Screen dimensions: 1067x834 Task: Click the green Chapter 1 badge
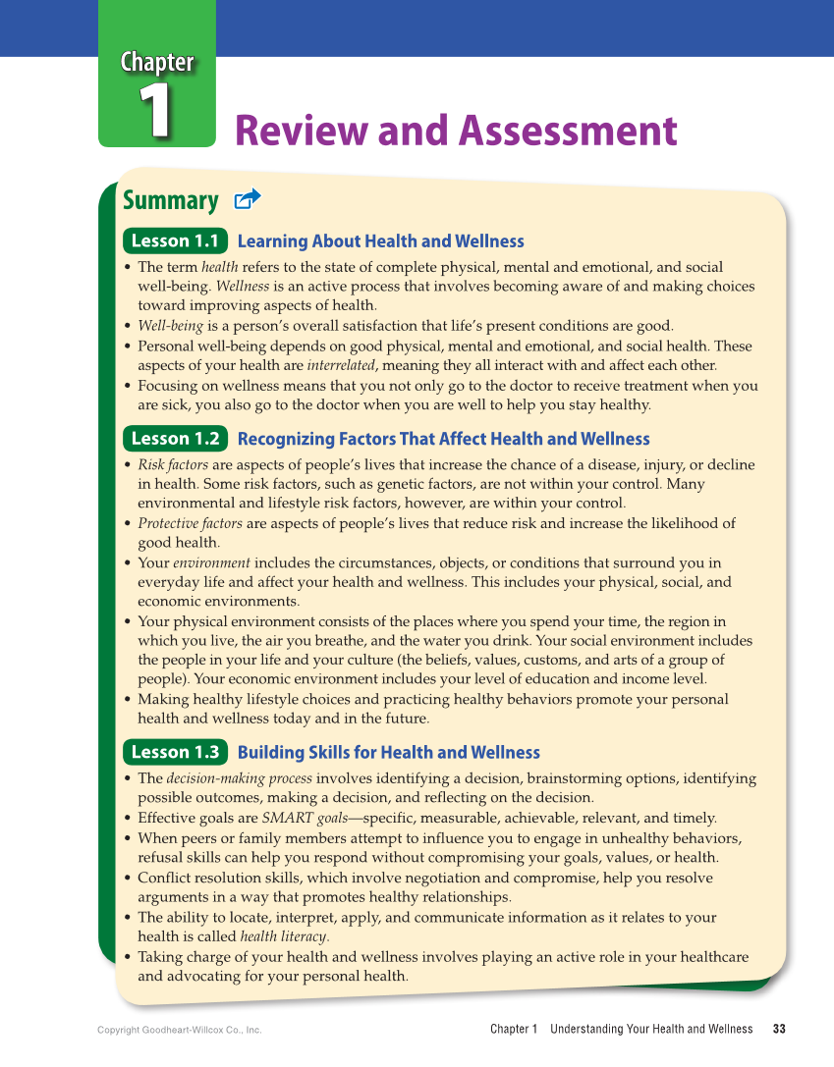point(157,93)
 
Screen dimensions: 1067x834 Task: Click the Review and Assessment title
point(456,131)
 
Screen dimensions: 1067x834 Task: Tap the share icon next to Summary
point(248,200)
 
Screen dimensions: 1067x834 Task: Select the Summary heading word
point(171,201)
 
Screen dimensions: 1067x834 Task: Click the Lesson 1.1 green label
point(175,241)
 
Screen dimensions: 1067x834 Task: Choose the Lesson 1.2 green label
point(175,439)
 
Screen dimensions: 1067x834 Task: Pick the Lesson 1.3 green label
point(175,753)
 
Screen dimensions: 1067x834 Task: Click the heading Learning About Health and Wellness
point(380,241)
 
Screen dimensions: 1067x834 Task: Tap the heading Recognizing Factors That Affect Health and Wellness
point(443,439)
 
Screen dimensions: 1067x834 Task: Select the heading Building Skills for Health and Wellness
point(388,753)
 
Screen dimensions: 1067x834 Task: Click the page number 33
point(779,1029)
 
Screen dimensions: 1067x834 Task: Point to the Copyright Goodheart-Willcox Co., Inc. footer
point(180,1030)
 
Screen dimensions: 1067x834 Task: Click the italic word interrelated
point(341,365)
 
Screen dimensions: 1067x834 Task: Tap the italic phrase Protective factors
point(190,523)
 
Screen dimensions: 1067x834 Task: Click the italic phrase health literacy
point(284,936)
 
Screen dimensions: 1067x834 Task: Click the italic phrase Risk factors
point(173,464)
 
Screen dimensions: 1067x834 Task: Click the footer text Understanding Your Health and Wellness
point(651,1029)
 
